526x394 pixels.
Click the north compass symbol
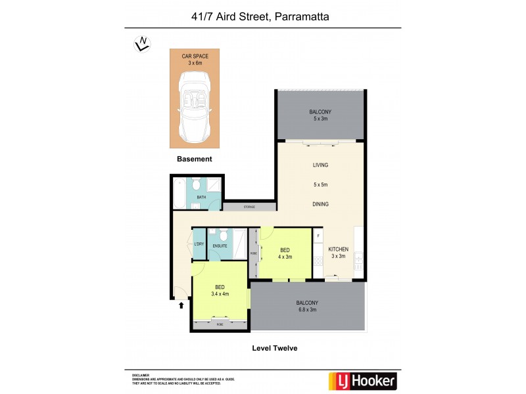pyautogui.click(x=141, y=43)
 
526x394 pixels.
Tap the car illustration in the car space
pyautogui.click(x=194, y=107)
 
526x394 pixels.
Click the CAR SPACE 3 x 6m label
pyautogui.click(x=195, y=60)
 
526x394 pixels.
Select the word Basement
pyautogui.click(x=195, y=159)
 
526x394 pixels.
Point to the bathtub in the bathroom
pyautogui.click(x=180, y=195)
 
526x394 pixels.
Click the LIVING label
pyautogui.click(x=320, y=165)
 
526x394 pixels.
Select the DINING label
pyautogui.click(x=320, y=204)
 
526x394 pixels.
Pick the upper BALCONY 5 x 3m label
pyautogui.click(x=320, y=116)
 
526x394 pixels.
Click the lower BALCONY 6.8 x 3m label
pyautogui.click(x=306, y=306)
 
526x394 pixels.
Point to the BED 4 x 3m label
pyautogui.click(x=285, y=253)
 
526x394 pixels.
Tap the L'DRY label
pyautogui.click(x=199, y=246)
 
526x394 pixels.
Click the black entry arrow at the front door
pyautogui.click(x=181, y=304)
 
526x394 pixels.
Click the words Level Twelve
pyautogui.click(x=275, y=348)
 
